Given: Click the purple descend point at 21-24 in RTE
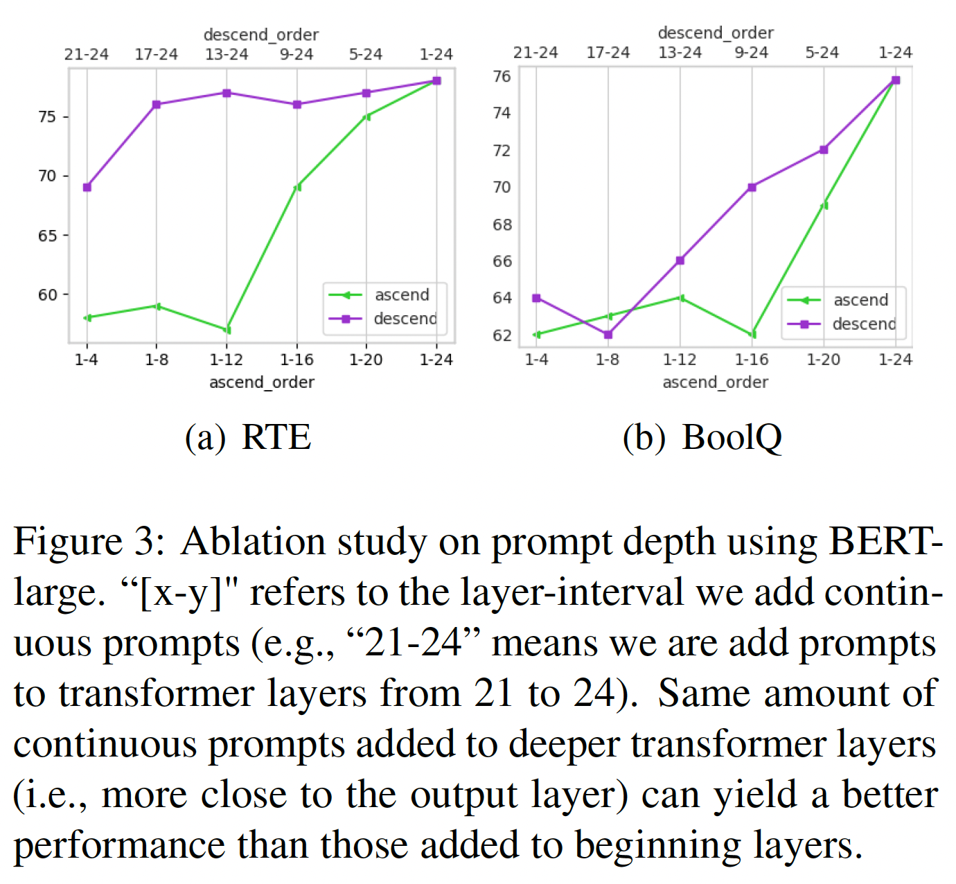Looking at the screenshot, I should click(87, 187).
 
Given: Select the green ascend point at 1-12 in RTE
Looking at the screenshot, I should click(227, 330).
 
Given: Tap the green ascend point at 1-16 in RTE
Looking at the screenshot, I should click(297, 187).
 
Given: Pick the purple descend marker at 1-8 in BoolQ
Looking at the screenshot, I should click(608, 335).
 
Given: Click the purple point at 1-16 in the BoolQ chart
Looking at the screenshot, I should click(752, 187).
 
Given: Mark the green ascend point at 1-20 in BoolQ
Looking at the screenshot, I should click(824, 205).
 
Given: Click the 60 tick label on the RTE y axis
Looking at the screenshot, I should click(48, 294).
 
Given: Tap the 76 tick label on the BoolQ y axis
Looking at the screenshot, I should click(502, 76).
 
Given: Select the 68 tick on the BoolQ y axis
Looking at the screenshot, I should click(502, 224).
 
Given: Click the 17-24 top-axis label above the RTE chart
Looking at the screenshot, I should click(157, 54).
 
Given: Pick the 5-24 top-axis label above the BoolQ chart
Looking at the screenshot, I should click(822, 53).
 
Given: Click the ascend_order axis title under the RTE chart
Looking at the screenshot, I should click(262, 382).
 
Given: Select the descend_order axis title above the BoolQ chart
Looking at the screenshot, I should click(716, 33).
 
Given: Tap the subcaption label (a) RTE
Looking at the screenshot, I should click(248, 438).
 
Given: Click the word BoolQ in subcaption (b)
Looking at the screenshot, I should click(732, 438).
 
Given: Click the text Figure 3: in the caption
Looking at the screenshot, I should click(89, 542).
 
